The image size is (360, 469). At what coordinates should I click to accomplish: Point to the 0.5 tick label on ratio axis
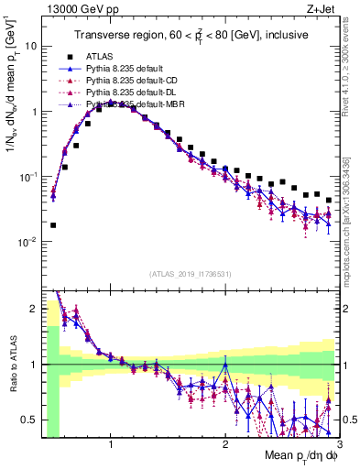click(29, 420)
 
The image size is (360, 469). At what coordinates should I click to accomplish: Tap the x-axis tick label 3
click(338, 445)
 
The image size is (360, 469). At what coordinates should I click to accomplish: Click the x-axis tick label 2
click(224, 445)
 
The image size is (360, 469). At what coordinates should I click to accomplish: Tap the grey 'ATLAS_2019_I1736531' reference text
click(190, 273)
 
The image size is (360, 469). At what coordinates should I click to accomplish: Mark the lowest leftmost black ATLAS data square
click(53, 224)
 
